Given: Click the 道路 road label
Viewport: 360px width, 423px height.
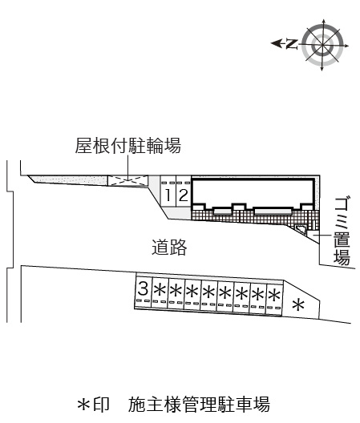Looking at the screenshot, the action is click(x=169, y=247).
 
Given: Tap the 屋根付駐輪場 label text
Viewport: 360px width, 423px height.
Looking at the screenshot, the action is click(x=127, y=146).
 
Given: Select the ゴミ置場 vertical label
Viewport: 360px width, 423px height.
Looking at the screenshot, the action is click(x=342, y=232).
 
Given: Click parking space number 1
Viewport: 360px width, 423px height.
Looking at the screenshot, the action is click(x=168, y=195).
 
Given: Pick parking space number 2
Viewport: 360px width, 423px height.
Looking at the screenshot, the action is click(x=184, y=195).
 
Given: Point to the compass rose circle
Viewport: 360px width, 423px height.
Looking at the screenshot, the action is click(x=322, y=45).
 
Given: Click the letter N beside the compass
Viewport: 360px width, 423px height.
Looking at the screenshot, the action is click(x=292, y=44).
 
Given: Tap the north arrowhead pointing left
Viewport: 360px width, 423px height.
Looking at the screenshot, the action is click(x=276, y=43).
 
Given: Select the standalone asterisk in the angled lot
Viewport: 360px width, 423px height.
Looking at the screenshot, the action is click(x=298, y=305).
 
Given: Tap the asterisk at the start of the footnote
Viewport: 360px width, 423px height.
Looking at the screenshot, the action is click(x=83, y=405).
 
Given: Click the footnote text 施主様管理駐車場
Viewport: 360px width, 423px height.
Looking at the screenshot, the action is click(x=199, y=405).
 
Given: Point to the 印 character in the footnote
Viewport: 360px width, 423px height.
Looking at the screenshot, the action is click(x=101, y=405).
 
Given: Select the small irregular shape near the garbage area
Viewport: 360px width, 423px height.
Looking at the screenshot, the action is click(x=301, y=230).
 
